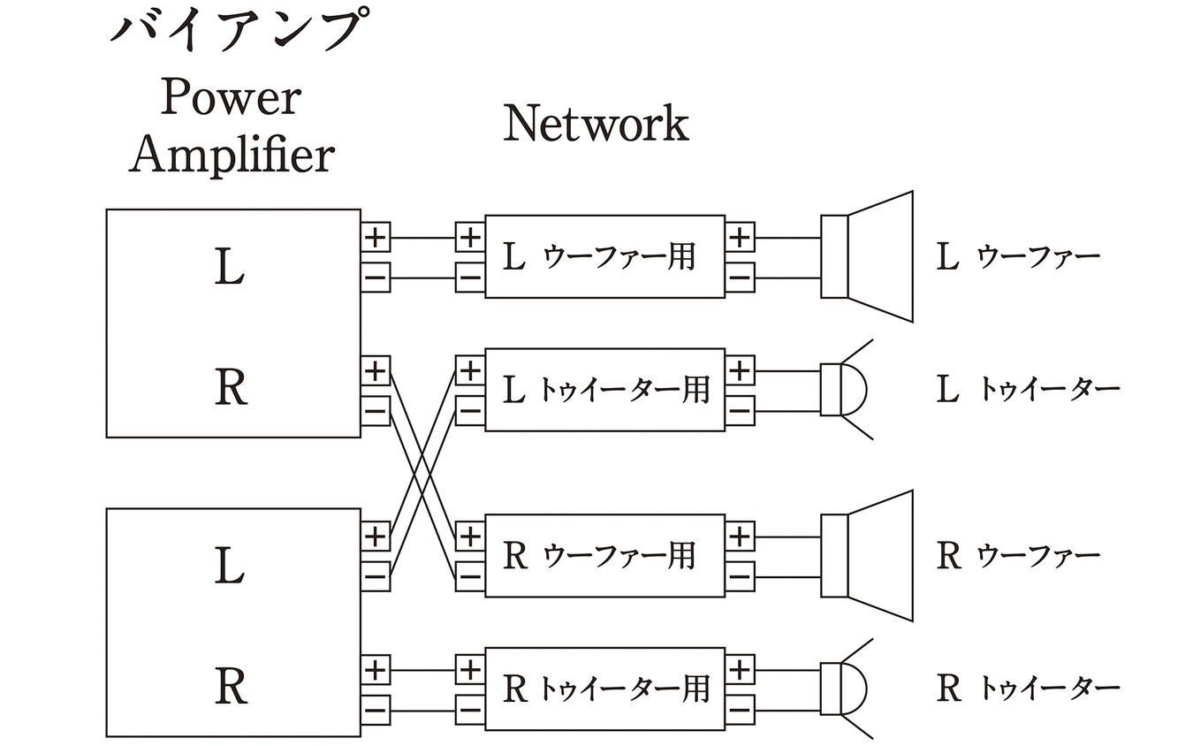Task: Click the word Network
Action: [x=596, y=123]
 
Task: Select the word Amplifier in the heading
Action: [x=232, y=156]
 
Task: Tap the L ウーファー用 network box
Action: [x=604, y=257]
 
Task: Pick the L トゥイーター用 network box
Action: [x=604, y=390]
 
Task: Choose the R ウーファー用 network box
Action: [x=604, y=556]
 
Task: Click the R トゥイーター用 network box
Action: [x=604, y=689]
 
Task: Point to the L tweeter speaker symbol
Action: [x=844, y=390]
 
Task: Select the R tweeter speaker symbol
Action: [x=844, y=689]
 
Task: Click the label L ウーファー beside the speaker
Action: [x=1017, y=258]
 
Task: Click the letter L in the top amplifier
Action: [x=230, y=269]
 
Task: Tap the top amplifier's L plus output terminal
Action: [x=376, y=237]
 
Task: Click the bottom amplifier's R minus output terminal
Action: [x=376, y=708]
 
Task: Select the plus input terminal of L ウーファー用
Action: [x=469, y=237]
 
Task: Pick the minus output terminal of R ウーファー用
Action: [x=740, y=577]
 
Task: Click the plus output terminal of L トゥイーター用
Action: [x=740, y=369]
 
